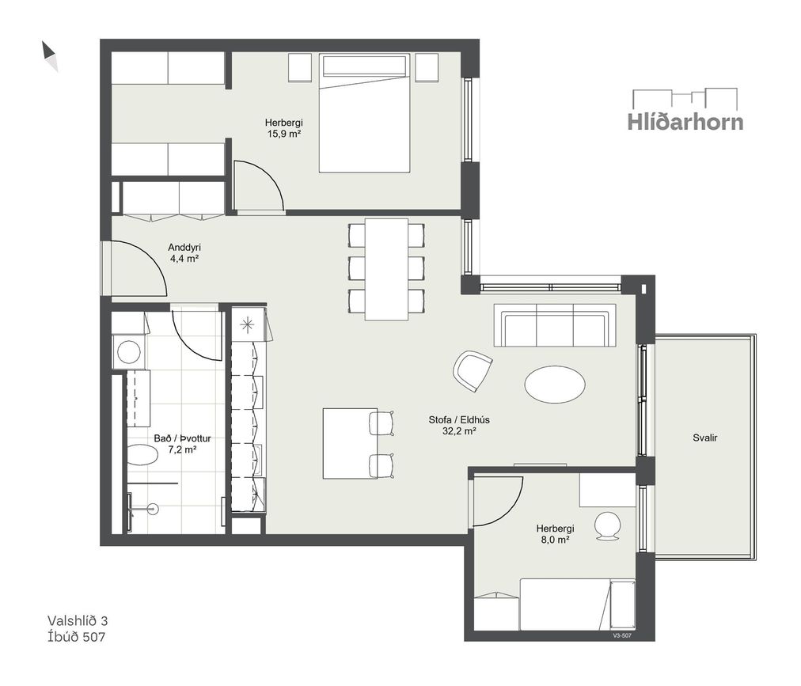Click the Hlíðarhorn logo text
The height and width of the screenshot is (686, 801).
pyautogui.click(x=685, y=122)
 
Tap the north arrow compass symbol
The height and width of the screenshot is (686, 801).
pyautogui.click(x=50, y=56)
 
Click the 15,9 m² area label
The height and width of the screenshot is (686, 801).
pyautogui.click(x=283, y=135)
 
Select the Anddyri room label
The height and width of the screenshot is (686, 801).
pyautogui.click(x=184, y=248)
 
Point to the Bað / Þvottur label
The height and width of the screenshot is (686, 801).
pyautogui.click(x=182, y=438)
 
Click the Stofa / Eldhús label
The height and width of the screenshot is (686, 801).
pyautogui.click(x=459, y=420)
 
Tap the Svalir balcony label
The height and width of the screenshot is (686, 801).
pyautogui.click(x=705, y=438)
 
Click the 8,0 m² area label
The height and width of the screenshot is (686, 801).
pyautogui.click(x=555, y=540)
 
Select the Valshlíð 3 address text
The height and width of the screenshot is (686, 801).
pyautogui.click(x=78, y=620)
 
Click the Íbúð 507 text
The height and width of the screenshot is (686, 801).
pyautogui.click(x=76, y=637)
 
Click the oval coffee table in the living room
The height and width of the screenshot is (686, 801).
pyautogui.click(x=555, y=385)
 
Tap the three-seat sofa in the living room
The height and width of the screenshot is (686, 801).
pyautogui.click(x=555, y=325)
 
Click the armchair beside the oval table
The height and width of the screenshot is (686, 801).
pyautogui.click(x=473, y=371)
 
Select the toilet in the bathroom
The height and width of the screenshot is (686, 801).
pyautogui.click(x=142, y=455)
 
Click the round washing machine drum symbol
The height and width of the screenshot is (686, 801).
pyautogui.click(x=129, y=352)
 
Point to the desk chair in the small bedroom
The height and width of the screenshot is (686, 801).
pyautogui.click(x=608, y=525)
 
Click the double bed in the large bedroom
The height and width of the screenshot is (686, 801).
pyautogui.click(x=364, y=113)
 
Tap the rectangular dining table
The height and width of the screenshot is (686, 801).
pyautogui.click(x=387, y=269)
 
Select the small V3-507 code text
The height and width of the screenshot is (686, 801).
pyautogui.click(x=622, y=636)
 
